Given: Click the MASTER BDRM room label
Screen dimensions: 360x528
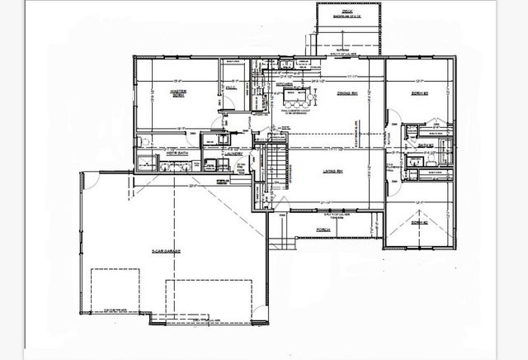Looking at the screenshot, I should point(177,92).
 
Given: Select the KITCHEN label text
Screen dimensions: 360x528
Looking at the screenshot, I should point(285,84).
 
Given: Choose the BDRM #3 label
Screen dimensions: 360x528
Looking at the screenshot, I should point(421,93).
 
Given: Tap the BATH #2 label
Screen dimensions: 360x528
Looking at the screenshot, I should point(426,145).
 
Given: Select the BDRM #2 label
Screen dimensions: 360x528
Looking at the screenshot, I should point(421,222).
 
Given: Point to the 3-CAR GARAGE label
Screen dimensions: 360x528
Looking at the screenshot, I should point(166,250).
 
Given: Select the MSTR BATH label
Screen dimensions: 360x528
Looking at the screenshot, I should point(178,153).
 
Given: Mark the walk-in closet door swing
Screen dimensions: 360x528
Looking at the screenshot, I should point(229,102).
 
